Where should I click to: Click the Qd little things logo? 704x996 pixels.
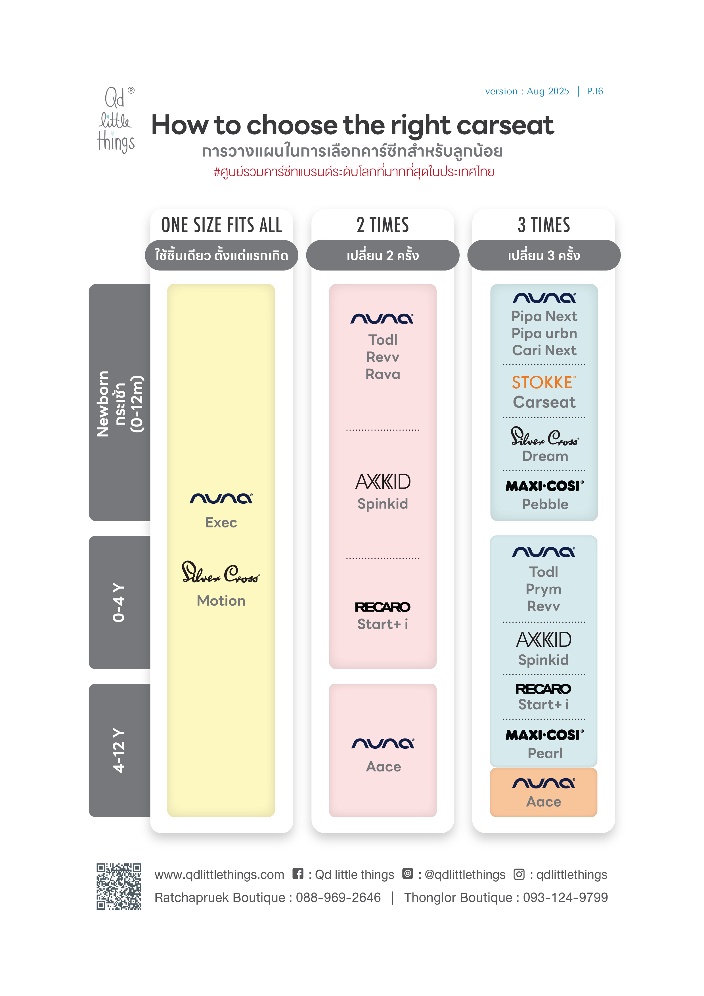(116, 120)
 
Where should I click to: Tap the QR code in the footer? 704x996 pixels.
(119, 886)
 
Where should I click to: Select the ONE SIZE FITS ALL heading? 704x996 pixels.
(222, 225)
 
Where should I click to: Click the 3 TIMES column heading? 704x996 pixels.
(544, 225)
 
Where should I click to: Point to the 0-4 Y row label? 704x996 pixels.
(118, 602)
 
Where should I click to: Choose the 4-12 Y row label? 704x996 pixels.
(118, 750)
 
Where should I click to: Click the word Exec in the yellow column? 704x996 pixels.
(221, 522)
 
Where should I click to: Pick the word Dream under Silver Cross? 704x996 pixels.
(545, 456)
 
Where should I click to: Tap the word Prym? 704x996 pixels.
(544, 589)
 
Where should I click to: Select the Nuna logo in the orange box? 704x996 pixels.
(544, 783)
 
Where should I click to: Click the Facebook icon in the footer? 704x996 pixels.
(297, 874)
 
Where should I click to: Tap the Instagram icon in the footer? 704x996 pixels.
(519, 874)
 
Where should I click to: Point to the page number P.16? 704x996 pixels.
(595, 91)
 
